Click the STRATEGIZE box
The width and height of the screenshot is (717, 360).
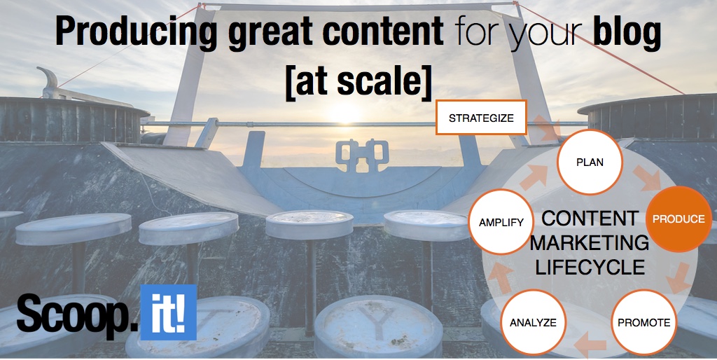[481, 118]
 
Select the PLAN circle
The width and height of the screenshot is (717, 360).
[590, 162]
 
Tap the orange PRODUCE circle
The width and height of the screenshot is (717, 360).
[678, 219]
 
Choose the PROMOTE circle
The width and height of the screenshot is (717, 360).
[643, 322]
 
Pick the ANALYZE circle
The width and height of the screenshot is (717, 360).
[533, 322]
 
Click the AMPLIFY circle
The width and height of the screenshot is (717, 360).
[501, 222]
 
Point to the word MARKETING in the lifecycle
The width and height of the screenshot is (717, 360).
[590, 243]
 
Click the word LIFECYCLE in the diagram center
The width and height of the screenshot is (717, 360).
[590, 267]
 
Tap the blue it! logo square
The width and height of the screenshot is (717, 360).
[168, 312]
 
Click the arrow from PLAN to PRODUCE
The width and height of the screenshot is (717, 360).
[647, 179]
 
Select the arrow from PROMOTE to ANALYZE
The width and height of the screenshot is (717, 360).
[589, 344]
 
